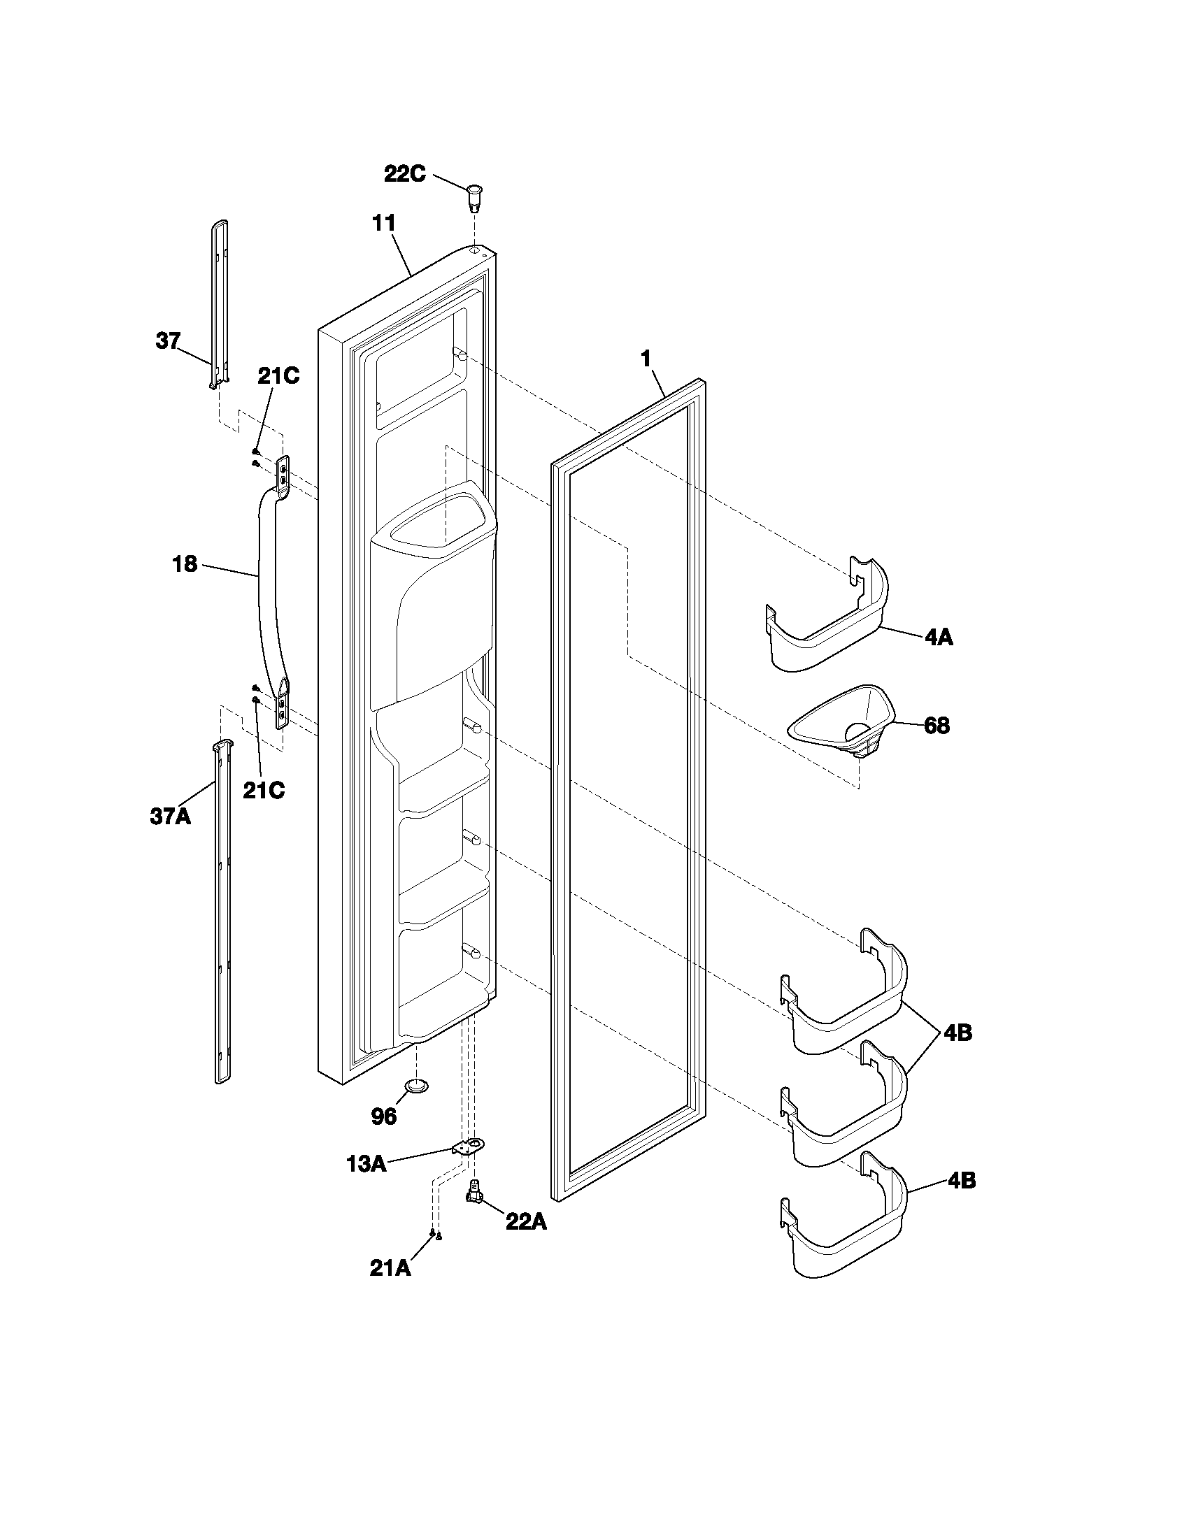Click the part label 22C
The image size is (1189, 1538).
point(404,174)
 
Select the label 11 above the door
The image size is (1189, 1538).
point(384,223)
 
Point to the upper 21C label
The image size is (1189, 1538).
point(278,377)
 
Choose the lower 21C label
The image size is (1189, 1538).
point(264,791)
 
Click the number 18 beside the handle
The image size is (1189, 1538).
point(185,564)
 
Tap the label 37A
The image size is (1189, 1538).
point(170,817)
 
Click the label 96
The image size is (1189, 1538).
point(383,1116)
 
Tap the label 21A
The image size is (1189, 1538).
point(390,1268)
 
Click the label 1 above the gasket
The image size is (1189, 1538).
point(646,359)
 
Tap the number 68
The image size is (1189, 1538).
point(936,726)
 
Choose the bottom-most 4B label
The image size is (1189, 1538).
point(962,1181)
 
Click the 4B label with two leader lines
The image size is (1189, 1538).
point(957,1033)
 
